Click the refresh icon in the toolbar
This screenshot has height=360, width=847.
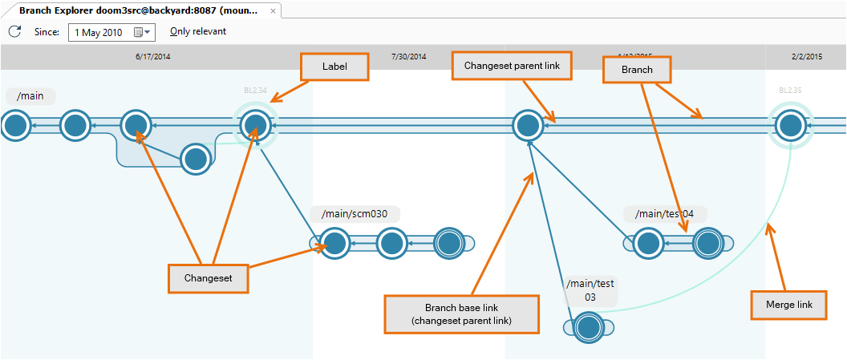point(14,31)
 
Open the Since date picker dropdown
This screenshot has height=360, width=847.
point(142,32)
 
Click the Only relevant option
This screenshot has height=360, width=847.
point(198,31)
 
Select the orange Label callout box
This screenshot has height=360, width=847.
point(334,67)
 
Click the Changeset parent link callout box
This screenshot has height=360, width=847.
point(512,66)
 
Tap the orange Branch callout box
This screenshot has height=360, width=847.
point(637,70)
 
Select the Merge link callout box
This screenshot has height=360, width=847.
point(788,305)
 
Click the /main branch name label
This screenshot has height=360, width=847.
point(30,96)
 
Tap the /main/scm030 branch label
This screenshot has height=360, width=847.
point(355,214)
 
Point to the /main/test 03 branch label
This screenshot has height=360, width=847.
point(590,290)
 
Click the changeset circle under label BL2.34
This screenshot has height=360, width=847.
point(255,125)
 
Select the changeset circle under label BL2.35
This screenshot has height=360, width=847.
point(791,125)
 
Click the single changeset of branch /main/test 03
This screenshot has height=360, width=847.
point(589,327)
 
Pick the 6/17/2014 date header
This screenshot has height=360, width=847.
point(153,57)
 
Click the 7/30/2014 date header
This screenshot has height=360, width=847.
point(408,57)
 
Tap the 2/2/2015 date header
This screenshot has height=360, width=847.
point(806,57)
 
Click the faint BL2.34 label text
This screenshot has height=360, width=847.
point(255,91)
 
